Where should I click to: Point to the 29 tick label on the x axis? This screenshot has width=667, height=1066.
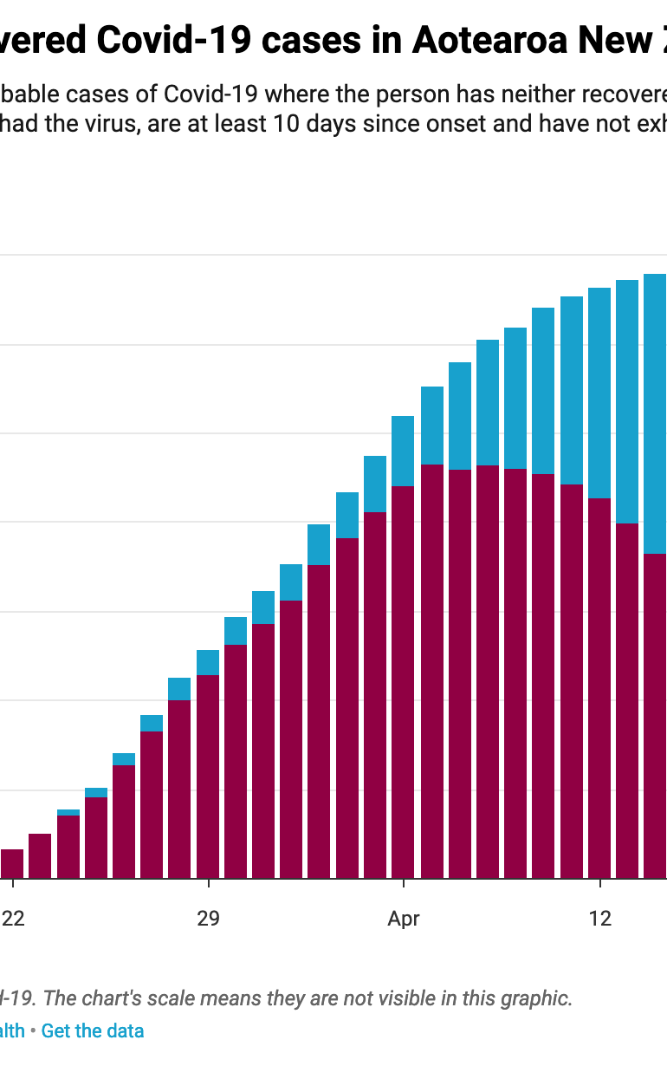pos(208,919)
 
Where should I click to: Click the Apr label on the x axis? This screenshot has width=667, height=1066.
pos(404,919)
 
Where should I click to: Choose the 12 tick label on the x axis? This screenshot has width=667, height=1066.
pos(599,919)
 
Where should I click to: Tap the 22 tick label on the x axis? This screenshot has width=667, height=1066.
pos(12,919)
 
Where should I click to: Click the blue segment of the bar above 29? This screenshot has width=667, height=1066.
pos(208,662)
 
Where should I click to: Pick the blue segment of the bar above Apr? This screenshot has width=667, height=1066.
pos(403,451)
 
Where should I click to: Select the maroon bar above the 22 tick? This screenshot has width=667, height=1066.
pos(12,863)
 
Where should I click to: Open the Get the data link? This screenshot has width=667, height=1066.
pos(93,1031)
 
